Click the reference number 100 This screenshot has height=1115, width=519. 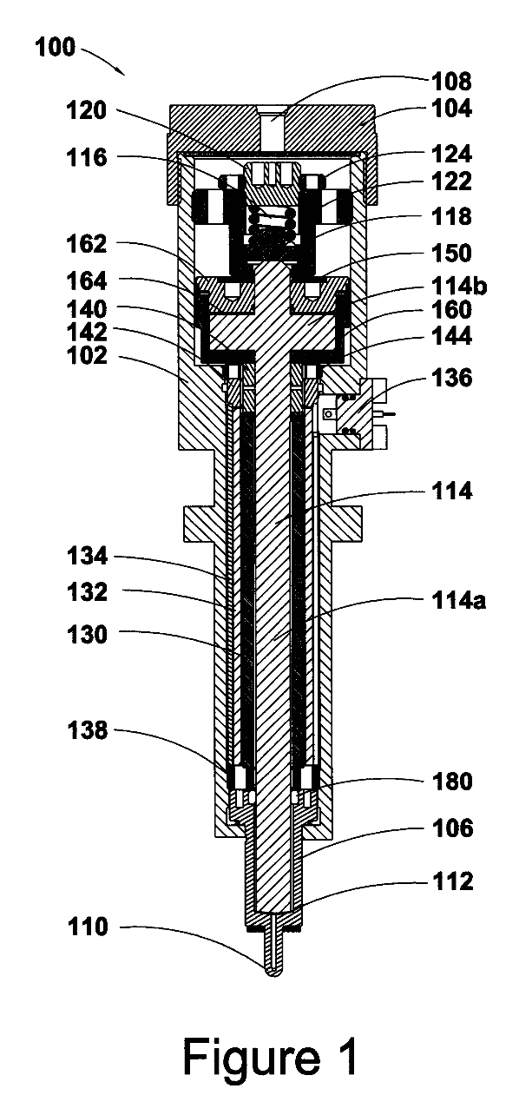[x=56, y=48]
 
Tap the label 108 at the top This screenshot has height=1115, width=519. [x=451, y=82]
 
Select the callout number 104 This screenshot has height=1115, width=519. [x=451, y=109]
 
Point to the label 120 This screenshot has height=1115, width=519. [x=87, y=110]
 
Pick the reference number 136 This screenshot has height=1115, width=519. [x=451, y=378]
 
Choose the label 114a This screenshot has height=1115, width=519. [x=458, y=601]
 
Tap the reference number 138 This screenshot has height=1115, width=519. [x=87, y=730]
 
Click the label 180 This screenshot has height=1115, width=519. [x=451, y=782]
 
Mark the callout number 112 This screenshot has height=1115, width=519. [x=451, y=882]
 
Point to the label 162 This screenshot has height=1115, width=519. [x=87, y=244]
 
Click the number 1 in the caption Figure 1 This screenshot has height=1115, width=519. [x=349, y=1056]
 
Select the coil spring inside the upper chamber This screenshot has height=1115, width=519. [x=272, y=229]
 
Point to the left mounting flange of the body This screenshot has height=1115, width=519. [x=200, y=525]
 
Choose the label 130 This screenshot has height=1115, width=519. [x=87, y=635]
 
